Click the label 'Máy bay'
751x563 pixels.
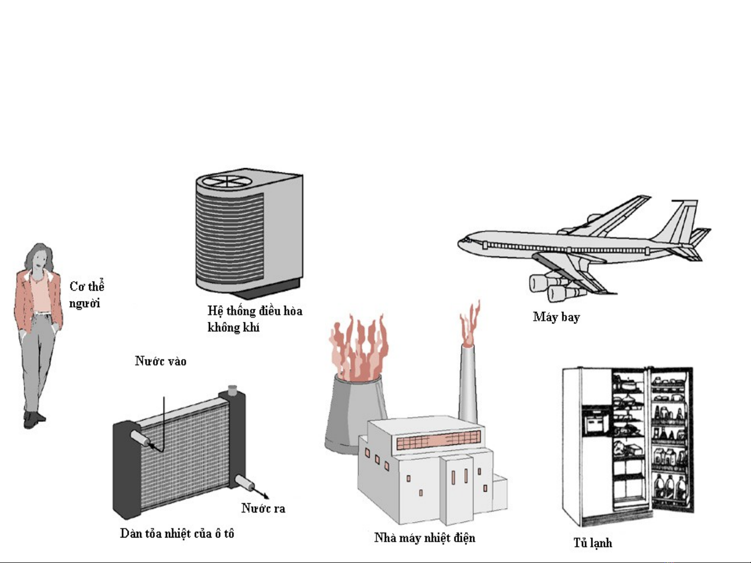pos(556,317)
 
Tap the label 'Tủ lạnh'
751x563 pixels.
pos(593,543)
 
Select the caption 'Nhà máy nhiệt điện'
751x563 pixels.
pos(425,537)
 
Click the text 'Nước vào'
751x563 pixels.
pos(161,361)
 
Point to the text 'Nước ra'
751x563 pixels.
pos(263,508)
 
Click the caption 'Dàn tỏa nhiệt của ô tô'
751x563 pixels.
pos(177,534)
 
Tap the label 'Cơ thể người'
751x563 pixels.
pos(87,295)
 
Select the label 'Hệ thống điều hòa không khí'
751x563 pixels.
pos(255,319)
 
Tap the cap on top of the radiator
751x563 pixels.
pos(232,390)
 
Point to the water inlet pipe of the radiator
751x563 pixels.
pos(140,438)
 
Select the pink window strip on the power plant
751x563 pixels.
pos(439,440)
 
